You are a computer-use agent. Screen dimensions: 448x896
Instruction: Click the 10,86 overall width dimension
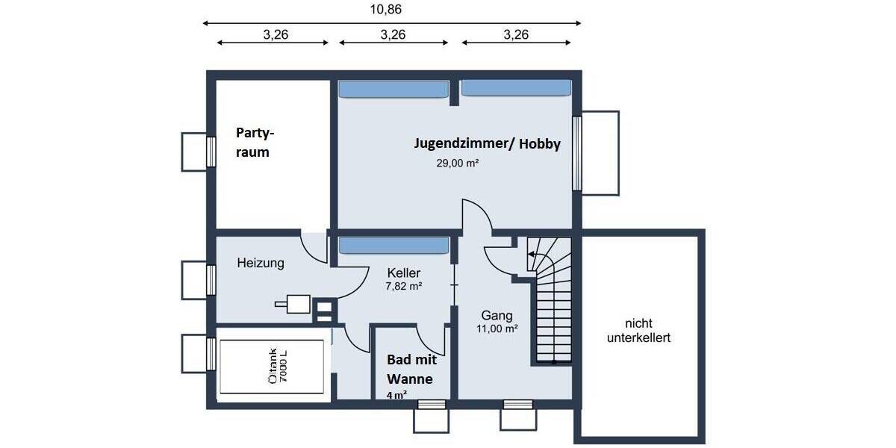click(392, 9)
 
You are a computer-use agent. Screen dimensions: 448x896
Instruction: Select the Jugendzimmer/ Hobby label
click(487, 144)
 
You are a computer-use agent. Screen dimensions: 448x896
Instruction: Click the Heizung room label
click(261, 263)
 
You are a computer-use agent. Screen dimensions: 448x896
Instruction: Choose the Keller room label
click(402, 273)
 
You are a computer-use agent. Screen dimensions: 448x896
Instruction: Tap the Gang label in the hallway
click(497, 315)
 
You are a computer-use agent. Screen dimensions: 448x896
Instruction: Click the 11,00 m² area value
click(497, 328)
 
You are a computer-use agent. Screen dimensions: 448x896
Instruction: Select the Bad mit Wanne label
click(409, 369)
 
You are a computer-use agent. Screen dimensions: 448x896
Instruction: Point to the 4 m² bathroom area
click(396, 396)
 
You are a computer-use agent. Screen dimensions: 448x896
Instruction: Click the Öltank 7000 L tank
click(273, 367)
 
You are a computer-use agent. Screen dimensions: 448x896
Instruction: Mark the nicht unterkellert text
click(638, 330)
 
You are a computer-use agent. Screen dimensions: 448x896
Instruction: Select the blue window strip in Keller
click(393, 246)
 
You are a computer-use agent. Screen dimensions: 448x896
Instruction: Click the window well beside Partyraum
click(193, 152)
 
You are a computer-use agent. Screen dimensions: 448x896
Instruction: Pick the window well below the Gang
click(518, 417)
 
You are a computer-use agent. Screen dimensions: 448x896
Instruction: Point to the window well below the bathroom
click(432, 417)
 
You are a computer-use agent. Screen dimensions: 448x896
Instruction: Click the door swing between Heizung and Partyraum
click(314, 247)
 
